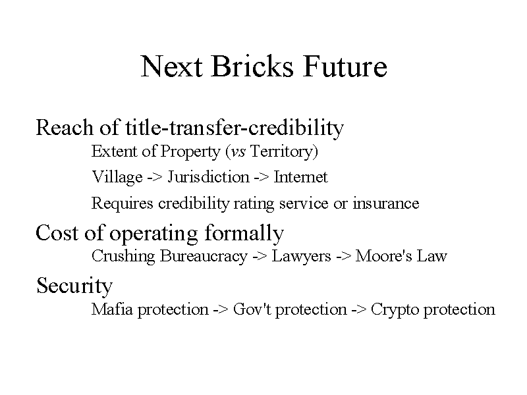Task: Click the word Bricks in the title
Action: pyautogui.click(x=252, y=66)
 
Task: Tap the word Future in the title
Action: pyautogui.click(x=345, y=66)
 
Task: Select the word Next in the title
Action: pyautogui.click(x=171, y=66)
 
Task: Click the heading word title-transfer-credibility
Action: pyautogui.click(x=235, y=128)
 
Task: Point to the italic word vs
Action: pyautogui.click(x=238, y=151)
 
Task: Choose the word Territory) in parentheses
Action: pyautogui.click(x=284, y=151)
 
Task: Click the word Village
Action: pyautogui.click(x=117, y=178)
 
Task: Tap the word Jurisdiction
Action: pyautogui.click(x=208, y=177)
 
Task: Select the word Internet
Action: pyautogui.click(x=300, y=177)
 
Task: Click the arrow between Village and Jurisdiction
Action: pyautogui.click(x=155, y=178)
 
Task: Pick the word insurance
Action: pyautogui.click(x=386, y=203)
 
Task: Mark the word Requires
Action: pyautogui.click(x=123, y=204)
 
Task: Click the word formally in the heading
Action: pyautogui.click(x=244, y=233)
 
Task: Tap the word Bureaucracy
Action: pyautogui.click(x=204, y=256)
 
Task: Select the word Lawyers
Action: pyautogui.click(x=301, y=257)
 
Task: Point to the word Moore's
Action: pyautogui.click(x=383, y=256)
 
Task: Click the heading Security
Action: pyautogui.click(x=74, y=286)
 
